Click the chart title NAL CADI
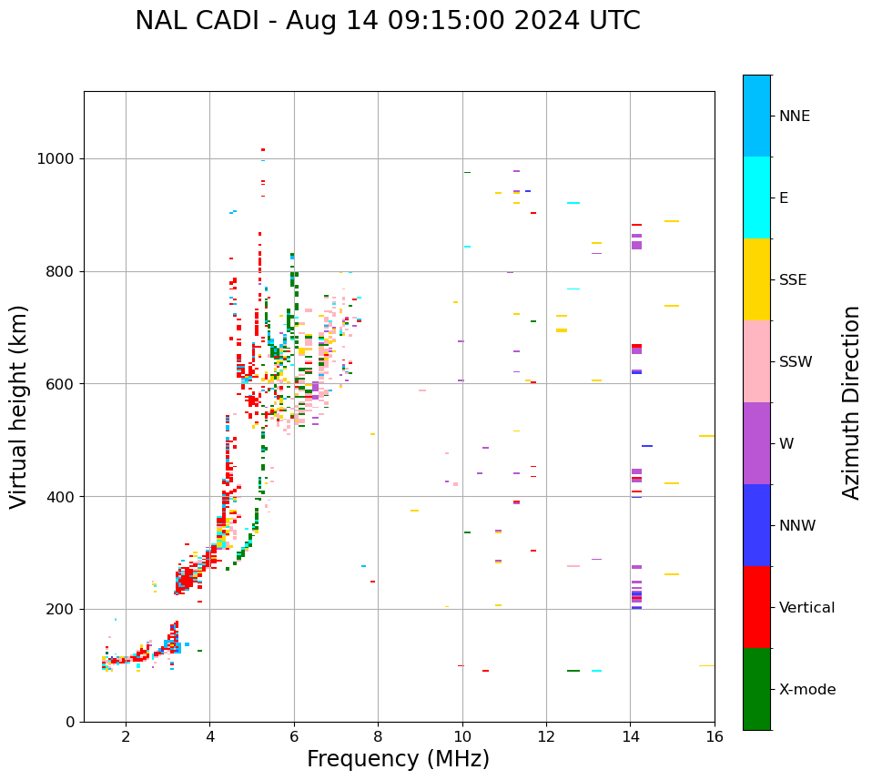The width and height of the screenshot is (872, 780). tap(388, 21)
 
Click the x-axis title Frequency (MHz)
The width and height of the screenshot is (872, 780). tap(398, 759)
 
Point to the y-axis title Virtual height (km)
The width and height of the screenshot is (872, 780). tap(19, 407)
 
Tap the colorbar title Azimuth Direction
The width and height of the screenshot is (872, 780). tap(851, 402)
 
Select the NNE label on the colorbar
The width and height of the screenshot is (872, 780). tap(794, 116)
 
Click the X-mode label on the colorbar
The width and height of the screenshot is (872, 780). tap(806, 690)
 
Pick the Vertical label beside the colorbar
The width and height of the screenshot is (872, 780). tap(806, 608)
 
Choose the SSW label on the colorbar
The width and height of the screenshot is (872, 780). tap(796, 362)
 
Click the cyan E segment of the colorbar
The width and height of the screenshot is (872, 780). tap(756, 198)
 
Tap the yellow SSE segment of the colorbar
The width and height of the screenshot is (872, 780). tap(756, 279)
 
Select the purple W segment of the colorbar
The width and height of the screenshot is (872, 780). tap(756, 443)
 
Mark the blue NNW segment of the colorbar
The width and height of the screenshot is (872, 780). tap(756, 525)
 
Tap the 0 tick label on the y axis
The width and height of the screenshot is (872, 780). tap(70, 722)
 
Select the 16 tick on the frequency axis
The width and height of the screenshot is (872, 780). tap(715, 735)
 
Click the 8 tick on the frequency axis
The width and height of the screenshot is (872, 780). tap(378, 735)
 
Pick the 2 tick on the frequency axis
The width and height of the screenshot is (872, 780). tap(126, 735)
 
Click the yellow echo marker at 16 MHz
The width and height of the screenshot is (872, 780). tap(706, 436)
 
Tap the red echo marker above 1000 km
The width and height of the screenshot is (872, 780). tap(263, 149)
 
